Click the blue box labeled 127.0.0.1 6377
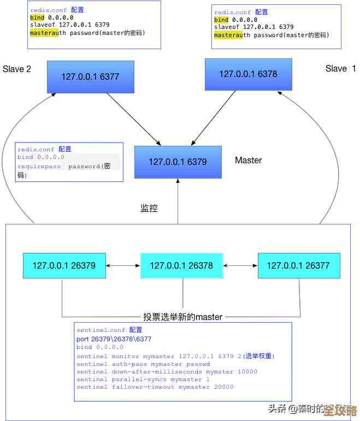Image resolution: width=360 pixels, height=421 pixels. [x=90, y=76]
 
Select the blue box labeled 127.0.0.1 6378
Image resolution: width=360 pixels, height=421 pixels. [x=248, y=74]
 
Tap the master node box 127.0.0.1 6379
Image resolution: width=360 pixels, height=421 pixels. [x=178, y=162]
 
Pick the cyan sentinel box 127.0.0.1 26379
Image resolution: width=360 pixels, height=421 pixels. [x=64, y=266]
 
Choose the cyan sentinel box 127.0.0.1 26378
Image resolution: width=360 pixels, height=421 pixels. [x=181, y=266]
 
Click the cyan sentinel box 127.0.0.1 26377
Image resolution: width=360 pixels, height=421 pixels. [x=298, y=266]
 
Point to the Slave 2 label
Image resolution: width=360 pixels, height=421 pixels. [x=17, y=69]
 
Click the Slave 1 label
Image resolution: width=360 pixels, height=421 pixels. [x=340, y=68]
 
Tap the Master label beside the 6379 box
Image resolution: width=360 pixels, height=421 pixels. [x=248, y=160]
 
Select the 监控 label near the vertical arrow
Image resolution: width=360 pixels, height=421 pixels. [x=149, y=208]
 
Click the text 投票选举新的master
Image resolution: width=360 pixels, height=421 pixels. [x=182, y=317]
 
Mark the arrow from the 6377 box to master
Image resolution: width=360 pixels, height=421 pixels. [x=133, y=119]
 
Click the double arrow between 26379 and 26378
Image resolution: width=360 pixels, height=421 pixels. [x=123, y=266]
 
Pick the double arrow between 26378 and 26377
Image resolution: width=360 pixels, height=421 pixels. [x=240, y=266]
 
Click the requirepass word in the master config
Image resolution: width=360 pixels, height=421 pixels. [x=39, y=167]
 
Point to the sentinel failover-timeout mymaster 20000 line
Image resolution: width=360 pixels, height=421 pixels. [x=155, y=387]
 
